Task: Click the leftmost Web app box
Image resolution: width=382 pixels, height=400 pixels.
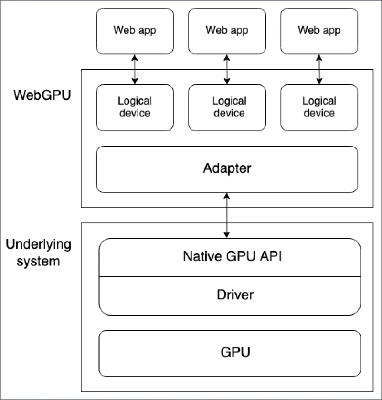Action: point(134,31)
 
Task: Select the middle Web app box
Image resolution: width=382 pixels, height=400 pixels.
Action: point(227,31)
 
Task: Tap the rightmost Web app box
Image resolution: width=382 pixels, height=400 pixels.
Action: point(319,31)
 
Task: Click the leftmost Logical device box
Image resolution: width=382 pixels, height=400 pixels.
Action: point(134,107)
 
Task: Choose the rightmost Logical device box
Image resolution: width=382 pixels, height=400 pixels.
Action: point(319,107)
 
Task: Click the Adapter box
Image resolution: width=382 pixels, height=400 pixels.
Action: point(227,168)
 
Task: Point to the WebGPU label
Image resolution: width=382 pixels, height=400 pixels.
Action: point(42,95)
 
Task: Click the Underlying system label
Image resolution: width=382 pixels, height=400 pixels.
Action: point(38,253)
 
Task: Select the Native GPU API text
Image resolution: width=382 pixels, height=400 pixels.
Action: point(233,257)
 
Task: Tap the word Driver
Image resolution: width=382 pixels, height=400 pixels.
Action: point(235,295)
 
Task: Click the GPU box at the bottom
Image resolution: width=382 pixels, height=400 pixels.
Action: point(229,353)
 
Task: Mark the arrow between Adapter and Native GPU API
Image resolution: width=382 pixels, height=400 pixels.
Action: point(227,215)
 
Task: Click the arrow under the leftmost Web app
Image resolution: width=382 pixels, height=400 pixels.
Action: point(134,69)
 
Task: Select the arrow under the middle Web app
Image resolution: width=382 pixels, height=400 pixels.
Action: point(227,69)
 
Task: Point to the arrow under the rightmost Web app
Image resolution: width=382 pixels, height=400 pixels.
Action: point(319,69)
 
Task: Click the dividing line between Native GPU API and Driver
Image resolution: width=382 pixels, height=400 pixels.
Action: point(229,276)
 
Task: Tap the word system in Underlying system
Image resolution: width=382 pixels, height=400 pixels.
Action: point(33,262)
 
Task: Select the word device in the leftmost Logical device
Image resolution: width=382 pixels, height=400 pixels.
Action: point(134,113)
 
